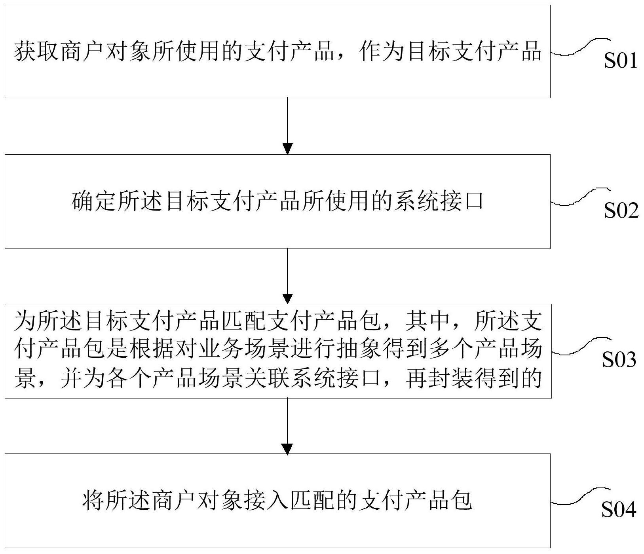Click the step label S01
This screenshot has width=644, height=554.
(620, 61)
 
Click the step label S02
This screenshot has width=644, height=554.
(621, 211)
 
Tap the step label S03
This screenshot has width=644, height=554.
(619, 360)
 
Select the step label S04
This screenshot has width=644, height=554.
(619, 510)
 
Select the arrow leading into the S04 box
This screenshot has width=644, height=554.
(288, 426)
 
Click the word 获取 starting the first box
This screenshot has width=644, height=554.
(37, 52)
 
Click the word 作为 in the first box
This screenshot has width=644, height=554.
(381, 52)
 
